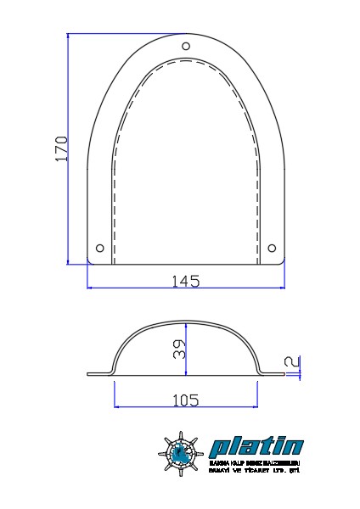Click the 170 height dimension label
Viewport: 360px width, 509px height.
(61, 148)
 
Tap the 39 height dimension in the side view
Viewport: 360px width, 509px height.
(179, 350)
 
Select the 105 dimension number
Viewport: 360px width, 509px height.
(184, 399)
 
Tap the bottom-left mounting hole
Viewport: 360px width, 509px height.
(100, 248)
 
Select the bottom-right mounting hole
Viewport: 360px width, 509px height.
(272, 248)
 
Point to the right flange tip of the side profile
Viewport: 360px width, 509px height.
(283, 373)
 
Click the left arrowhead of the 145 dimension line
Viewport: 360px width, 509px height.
(90, 288)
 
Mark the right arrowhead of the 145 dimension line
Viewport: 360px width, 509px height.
(282, 288)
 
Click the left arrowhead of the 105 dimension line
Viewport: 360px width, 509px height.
(116, 406)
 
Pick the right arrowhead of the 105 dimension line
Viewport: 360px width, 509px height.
(254, 406)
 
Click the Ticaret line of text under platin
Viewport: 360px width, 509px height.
(256, 469)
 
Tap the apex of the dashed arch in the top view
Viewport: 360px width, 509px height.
(186, 62)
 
